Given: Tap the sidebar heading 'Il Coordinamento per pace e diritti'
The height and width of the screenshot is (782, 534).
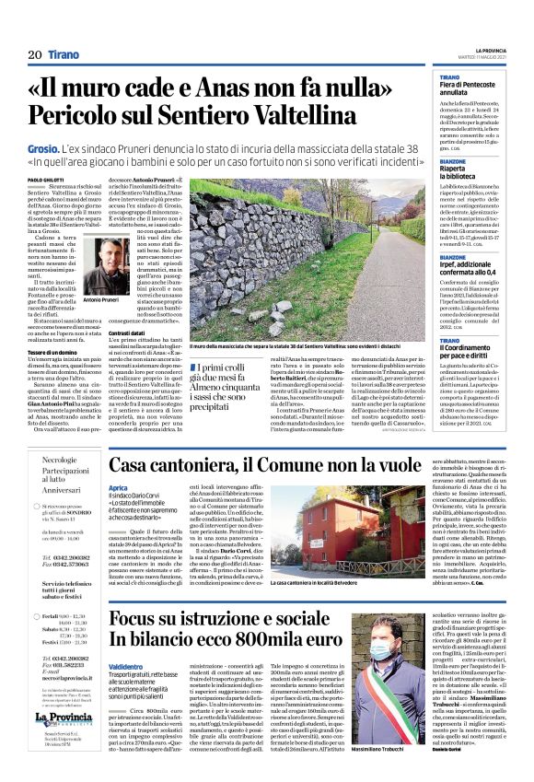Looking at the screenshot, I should tap(469, 344).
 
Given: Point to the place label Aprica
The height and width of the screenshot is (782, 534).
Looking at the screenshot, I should tap(119, 486).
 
